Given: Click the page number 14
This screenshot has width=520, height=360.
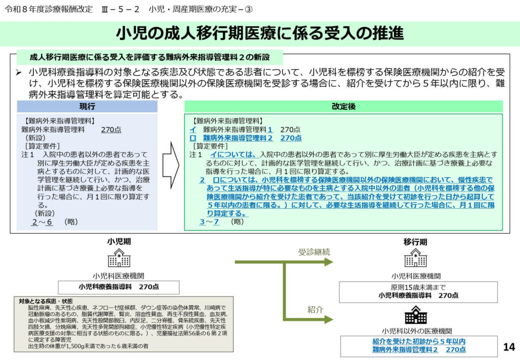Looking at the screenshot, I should pos(508,347).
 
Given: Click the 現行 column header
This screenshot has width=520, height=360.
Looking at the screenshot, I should pos(87,106).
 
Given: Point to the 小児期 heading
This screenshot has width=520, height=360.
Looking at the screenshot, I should pos(118,241).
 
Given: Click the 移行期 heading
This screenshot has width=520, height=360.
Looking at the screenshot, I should pos(415,241).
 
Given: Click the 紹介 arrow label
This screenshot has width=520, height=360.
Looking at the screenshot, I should pos(315,309).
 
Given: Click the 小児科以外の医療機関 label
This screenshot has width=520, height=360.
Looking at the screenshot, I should pos(415,331).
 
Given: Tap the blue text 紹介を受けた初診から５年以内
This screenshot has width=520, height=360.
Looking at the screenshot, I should pos(419,341).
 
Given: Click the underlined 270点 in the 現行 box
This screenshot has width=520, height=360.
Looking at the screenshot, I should pos(111,129).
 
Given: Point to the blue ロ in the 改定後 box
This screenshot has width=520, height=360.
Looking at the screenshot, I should pos(192,138).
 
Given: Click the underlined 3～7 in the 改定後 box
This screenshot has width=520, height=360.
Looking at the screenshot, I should pos(209,222).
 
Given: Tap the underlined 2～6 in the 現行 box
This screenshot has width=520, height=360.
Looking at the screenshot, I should pos(42,222).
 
